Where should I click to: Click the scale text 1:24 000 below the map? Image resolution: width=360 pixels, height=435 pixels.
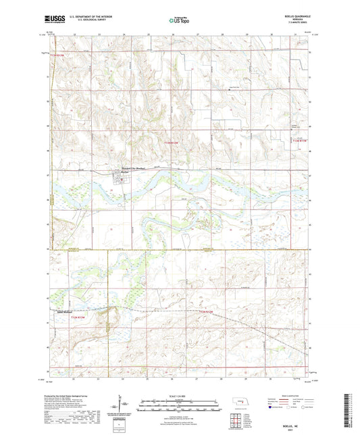(x=180, y=396)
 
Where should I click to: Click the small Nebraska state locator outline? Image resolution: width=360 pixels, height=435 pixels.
(x=239, y=405)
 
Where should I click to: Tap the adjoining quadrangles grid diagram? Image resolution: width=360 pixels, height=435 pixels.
(x=238, y=420)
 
